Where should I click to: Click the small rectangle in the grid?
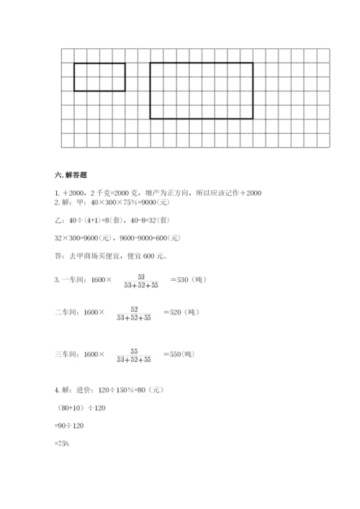[99, 77]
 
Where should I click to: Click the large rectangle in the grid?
[202, 90]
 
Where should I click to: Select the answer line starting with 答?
[94, 255]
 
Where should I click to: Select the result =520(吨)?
[180, 312]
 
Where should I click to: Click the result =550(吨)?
[180, 354]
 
